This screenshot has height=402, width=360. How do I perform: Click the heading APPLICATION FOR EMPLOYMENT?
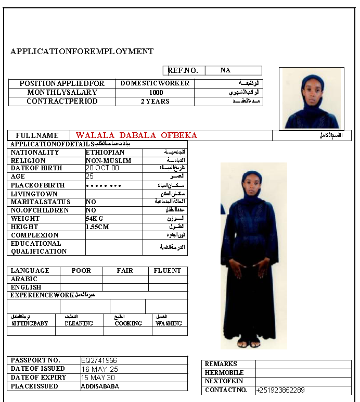point(82,52)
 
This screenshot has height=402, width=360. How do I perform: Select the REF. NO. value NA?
point(225,70)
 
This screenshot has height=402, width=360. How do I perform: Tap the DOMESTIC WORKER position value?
point(155,83)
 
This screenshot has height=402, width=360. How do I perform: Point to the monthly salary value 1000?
point(156,92)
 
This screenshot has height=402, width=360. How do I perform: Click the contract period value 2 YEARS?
point(155,102)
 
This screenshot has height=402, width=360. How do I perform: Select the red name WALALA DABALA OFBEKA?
point(136,135)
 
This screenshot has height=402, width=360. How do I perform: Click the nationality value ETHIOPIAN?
point(105,153)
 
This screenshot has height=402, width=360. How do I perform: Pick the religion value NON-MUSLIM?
point(109,161)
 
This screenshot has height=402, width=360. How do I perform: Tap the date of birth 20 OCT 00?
point(102,168)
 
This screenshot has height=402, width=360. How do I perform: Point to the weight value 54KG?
point(95,219)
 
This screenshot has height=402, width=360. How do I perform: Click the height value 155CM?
point(97,227)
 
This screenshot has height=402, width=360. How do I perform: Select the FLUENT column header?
point(168,271)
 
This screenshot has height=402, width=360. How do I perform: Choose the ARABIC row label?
point(24,279)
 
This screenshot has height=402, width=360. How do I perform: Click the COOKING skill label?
point(128,323)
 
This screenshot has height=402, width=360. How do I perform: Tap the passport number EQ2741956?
point(99,360)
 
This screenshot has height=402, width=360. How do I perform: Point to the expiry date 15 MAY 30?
point(98,378)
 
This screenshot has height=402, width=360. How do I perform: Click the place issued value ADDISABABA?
point(100,386)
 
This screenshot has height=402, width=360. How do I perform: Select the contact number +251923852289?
point(280,390)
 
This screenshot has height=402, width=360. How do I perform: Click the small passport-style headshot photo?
point(311,98)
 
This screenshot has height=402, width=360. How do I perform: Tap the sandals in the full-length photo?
point(248,344)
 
